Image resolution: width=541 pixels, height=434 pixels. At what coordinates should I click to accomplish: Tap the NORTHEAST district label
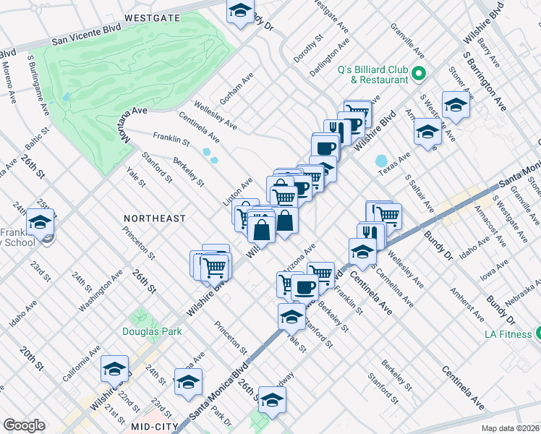point(154,218)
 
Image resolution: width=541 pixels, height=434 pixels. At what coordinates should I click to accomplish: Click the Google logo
point(24,425)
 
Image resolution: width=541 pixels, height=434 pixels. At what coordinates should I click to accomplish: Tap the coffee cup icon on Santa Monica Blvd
point(304,287)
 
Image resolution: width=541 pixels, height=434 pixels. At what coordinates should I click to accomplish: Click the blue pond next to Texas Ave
point(381,160)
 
